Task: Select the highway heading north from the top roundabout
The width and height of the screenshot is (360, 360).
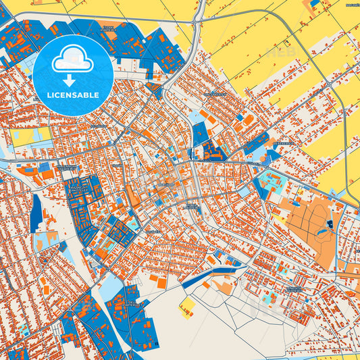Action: pyautogui.click(x=201, y=8)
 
